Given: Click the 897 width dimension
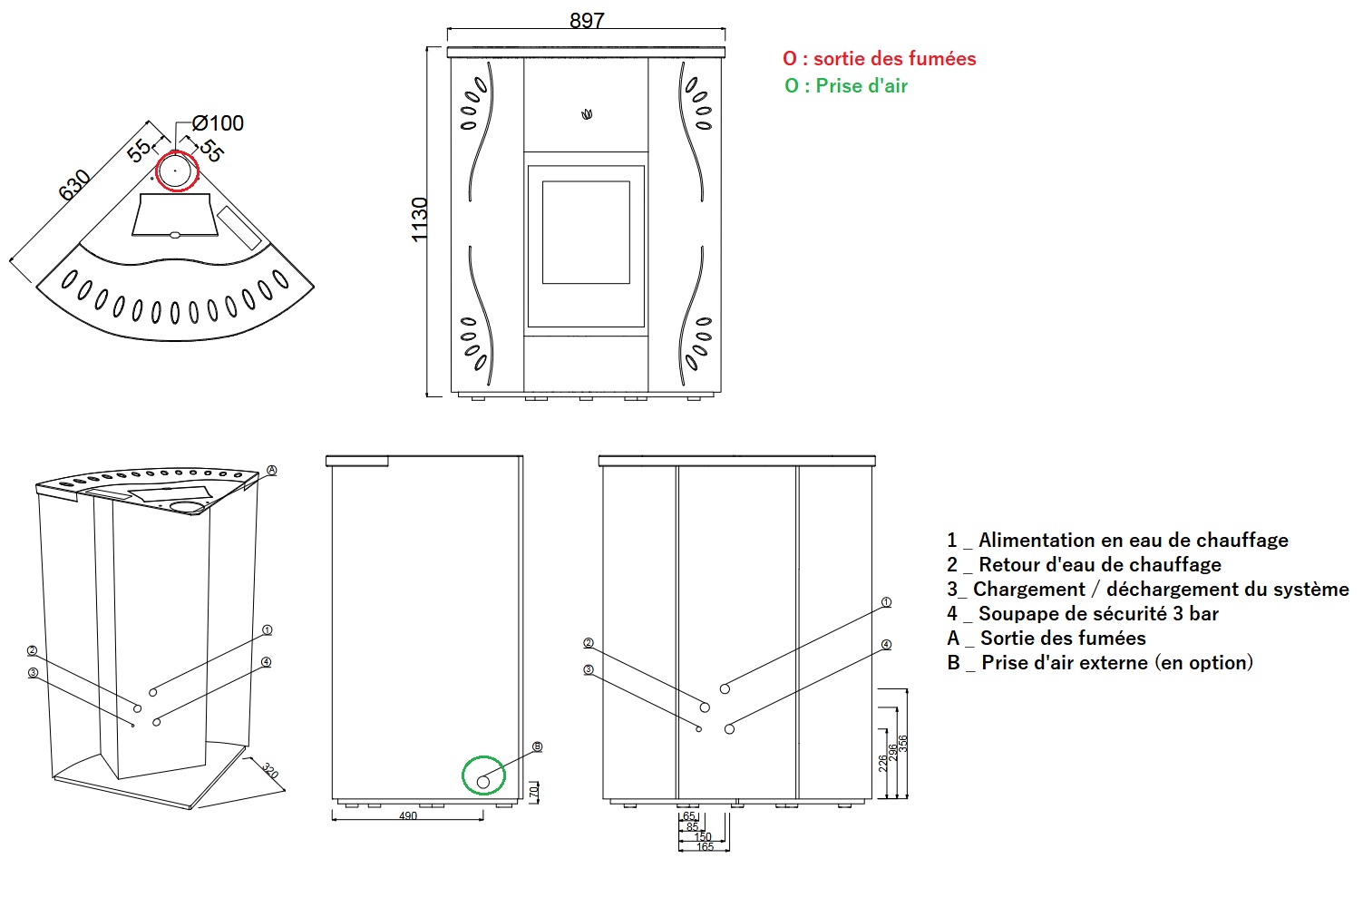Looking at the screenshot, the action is pyautogui.click(x=587, y=21).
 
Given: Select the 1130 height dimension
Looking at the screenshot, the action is pyautogui.click(x=420, y=219).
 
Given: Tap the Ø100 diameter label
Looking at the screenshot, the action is pyautogui.click(x=218, y=123).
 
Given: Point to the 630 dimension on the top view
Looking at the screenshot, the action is pyautogui.click(x=74, y=185).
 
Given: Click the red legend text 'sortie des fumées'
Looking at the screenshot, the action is pyautogui.click(x=894, y=58).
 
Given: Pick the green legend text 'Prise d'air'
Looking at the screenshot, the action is pyautogui.click(x=861, y=86).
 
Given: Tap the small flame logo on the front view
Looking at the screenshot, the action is pyautogui.click(x=587, y=114).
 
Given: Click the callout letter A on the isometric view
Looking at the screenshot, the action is pyautogui.click(x=272, y=470).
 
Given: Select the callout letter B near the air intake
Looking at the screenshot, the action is pyautogui.click(x=537, y=746).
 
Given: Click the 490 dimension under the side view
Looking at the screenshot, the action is pyautogui.click(x=408, y=815).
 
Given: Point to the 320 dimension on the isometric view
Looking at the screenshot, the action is pyautogui.click(x=270, y=771).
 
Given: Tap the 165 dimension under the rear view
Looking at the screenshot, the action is pyautogui.click(x=705, y=847).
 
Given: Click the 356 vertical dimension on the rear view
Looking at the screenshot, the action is pyautogui.click(x=903, y=743).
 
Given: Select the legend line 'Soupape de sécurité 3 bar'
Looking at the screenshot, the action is pyautogui.click(x=1083, y=614).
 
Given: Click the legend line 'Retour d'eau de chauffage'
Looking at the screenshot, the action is pyautogui.click(x=1085, y=565).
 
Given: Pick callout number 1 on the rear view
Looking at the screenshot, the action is pyautogui.click(x=887, y=602).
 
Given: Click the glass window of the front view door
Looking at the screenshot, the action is pyautogui.click(x=586, y=232).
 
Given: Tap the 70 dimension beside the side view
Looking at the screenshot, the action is pyautogui.click(x=533, y=792).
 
